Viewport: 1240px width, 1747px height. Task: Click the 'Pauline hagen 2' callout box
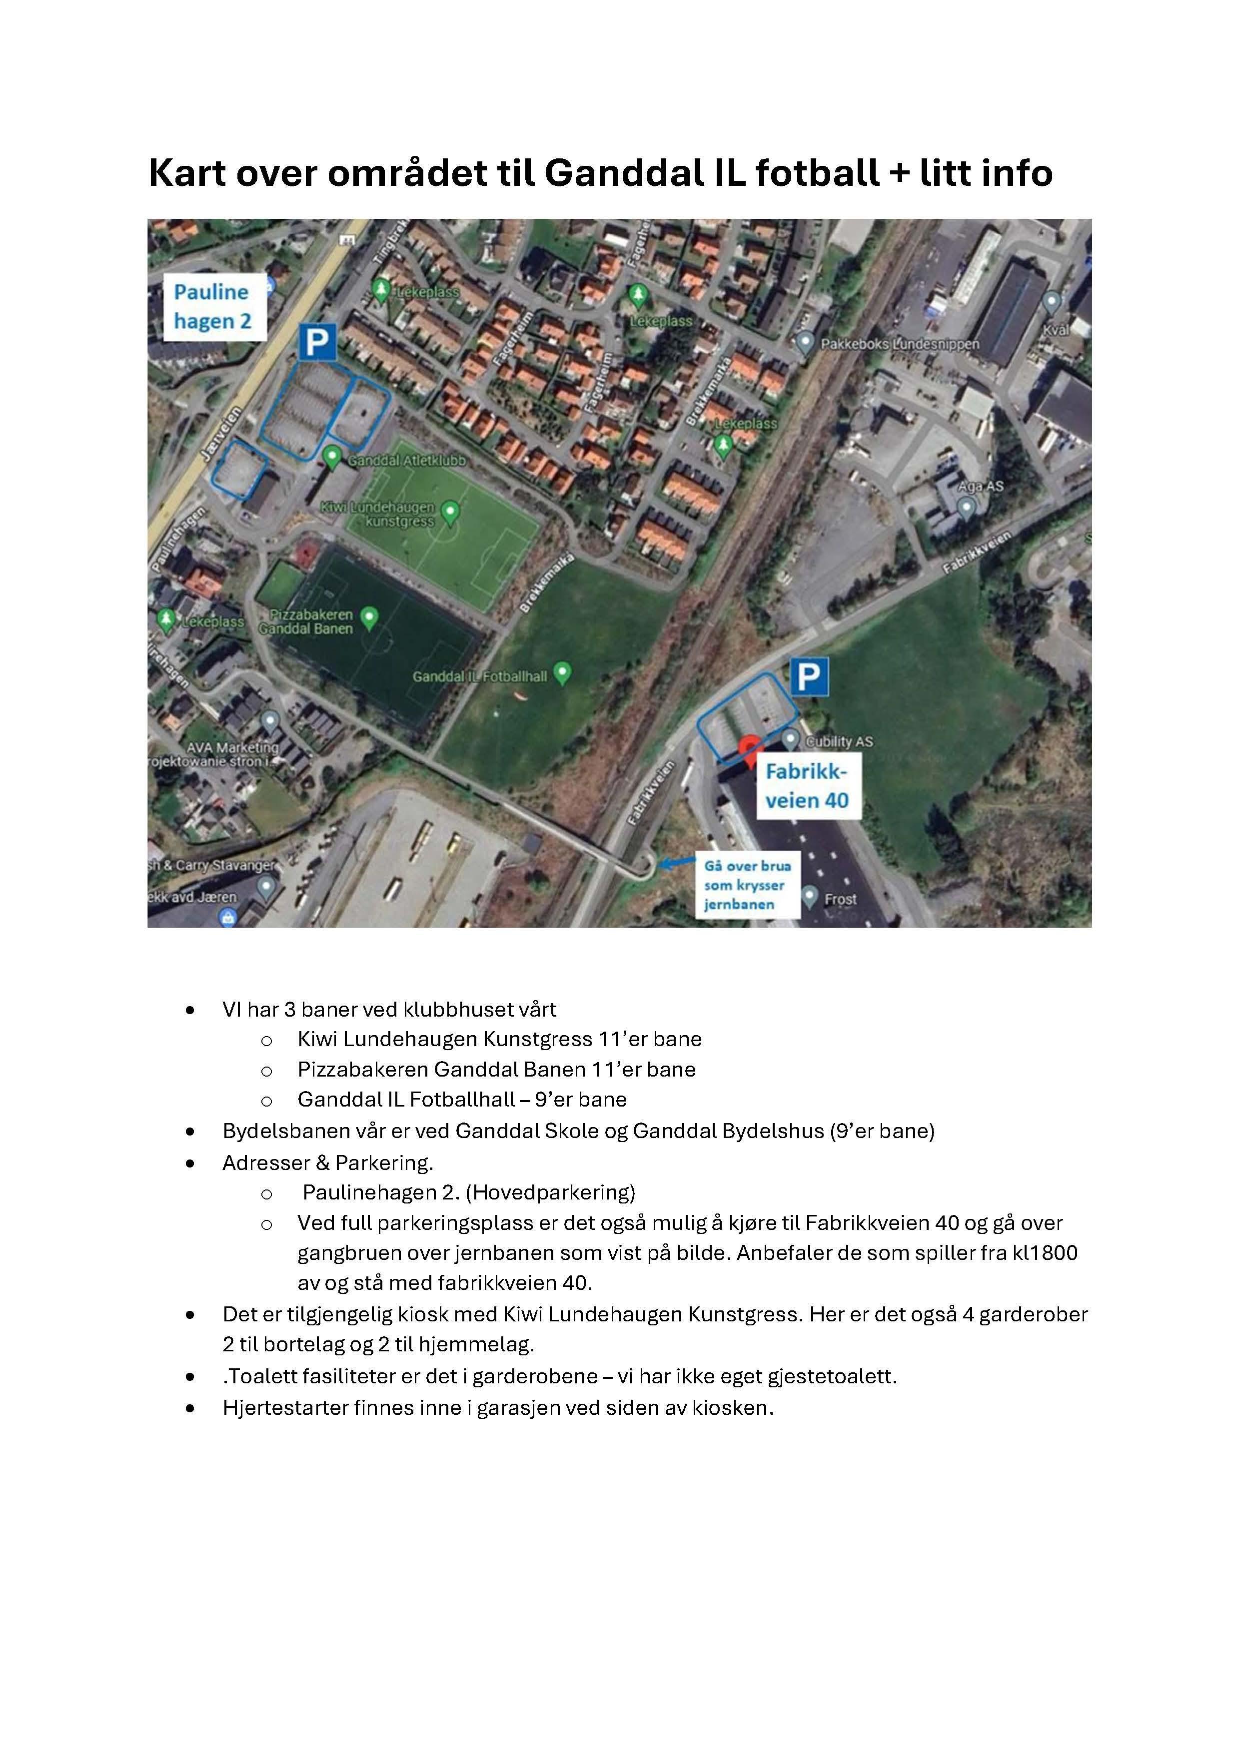tap(214, 307)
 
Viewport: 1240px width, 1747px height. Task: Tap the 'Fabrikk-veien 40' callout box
tap(807, 786)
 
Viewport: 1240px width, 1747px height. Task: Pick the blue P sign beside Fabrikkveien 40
tap(809, 676)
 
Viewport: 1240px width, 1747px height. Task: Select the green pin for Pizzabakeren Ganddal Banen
tap(369, 617)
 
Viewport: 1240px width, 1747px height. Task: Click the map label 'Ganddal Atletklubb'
tap(406, 461)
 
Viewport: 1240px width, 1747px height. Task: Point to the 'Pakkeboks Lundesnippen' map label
tap(900, 344)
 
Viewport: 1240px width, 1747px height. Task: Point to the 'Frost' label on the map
tap(840, 899)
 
